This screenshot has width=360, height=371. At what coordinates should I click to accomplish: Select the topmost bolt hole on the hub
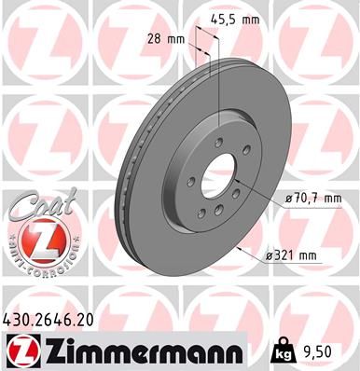pos(217,141)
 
